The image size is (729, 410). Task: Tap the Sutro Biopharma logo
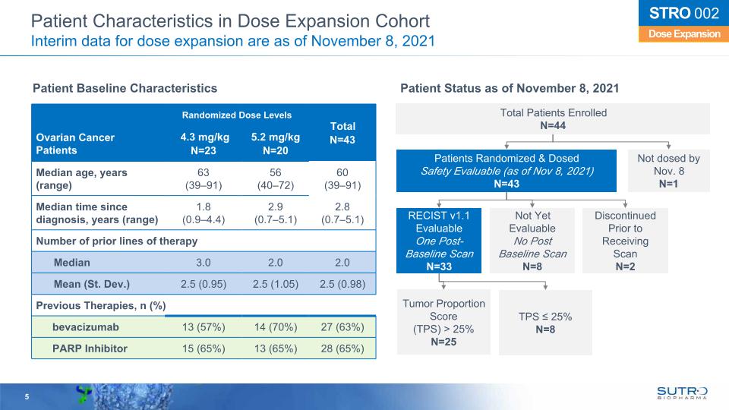(682, 392)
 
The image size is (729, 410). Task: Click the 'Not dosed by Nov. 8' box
(669, 171)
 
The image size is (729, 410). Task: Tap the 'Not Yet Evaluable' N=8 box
(532, 240)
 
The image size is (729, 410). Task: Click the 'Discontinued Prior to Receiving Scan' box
(625, 240)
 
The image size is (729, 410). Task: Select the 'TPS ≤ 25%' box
(545, 323)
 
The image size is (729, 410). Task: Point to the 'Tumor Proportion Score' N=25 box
(443, 323)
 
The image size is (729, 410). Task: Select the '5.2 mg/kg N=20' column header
(275, 143)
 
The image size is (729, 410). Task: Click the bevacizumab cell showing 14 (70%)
(275, 327)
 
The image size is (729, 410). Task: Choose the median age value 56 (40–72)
(275, 179)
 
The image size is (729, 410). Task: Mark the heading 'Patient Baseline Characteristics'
(125, 89)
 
